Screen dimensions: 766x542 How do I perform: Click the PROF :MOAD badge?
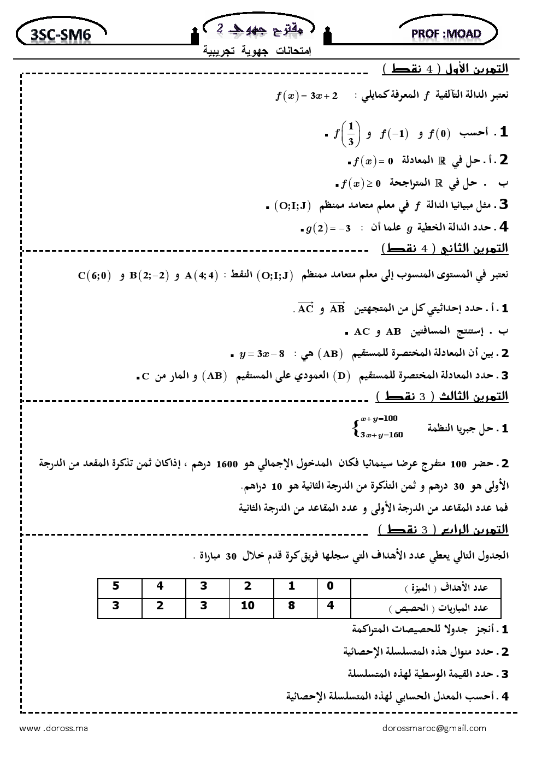tap(447, 34)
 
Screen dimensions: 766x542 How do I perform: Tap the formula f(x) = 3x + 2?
tap(307, 96)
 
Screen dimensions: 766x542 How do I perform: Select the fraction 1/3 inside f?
tap(351, 134)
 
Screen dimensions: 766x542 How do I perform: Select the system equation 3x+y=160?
tap(381, 435)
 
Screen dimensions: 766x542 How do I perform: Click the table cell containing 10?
tap(247, 605)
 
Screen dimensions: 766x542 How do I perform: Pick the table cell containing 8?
tap(291, 605)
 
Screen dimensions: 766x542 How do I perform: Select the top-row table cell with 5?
tap(116, 586)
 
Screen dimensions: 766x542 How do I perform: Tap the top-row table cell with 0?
tap(330, 586)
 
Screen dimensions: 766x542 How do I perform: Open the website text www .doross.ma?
tap(54, 728)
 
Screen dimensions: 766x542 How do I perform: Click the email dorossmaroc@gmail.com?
tap(434, 728)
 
